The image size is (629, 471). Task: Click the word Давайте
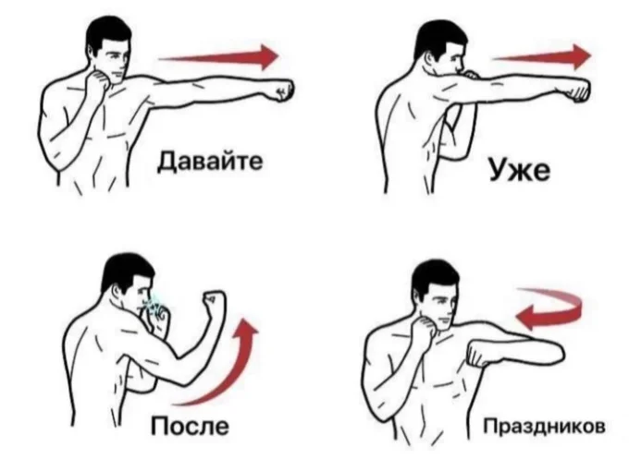point(209,162)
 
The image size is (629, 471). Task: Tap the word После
point(191,427)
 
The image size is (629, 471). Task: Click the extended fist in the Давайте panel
point(278,91)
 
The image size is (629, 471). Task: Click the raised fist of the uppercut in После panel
point(215,302)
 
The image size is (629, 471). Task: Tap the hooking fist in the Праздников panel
point(481,354)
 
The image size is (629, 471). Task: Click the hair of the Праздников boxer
point(434,275)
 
